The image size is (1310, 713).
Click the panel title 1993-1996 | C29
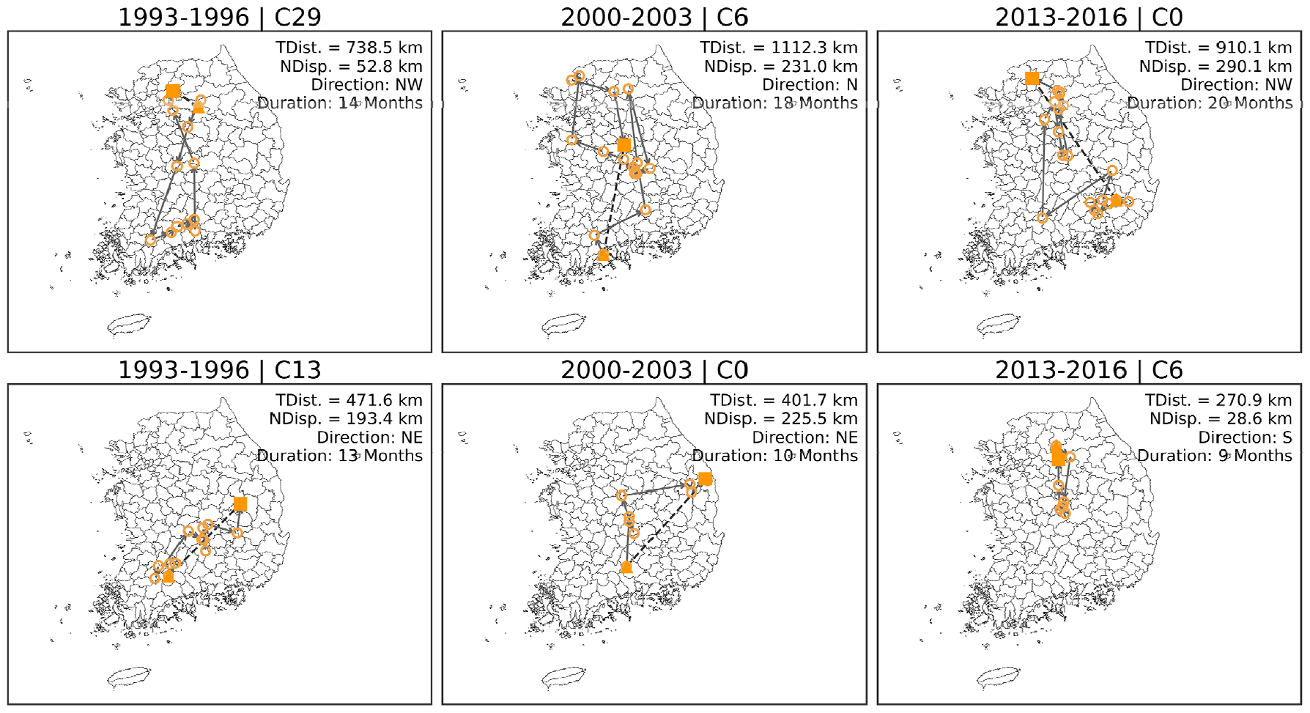click(220, 17)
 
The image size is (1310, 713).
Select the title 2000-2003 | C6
click(654, 17)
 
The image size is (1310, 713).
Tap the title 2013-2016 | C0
click(1089, 17)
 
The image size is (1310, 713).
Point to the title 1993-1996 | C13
click(220, 370)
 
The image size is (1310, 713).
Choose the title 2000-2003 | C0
click(654, 370)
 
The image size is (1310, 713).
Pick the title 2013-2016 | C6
click(1089, 370)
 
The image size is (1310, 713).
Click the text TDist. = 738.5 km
click(349, 48)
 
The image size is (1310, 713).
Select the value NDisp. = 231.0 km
click(781, 67)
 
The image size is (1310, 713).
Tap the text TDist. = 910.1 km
click(1218, 48)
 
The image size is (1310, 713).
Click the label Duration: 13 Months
click(340, 456)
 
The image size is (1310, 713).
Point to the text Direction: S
click(1245, 437)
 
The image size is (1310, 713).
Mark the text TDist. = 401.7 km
click(784, 401)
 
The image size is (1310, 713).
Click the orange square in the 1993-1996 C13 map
click(240, 504)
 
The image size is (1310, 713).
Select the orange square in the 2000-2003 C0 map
click(705, 479)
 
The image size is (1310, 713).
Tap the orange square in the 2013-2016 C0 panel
click(1032, 78)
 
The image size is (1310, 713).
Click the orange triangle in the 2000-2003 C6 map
click(603, 255)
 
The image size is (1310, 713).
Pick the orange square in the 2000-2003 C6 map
click(624, 145)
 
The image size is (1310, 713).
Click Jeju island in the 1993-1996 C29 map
click(130, 325)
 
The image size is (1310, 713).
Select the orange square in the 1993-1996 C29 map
click(173, 92)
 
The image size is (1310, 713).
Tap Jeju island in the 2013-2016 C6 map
click(999, 678)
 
